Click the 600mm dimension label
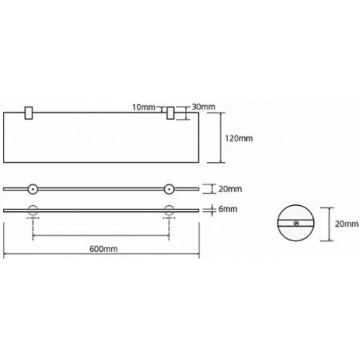(x=104, y=249)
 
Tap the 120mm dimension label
(x=238, y=138)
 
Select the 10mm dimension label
(x=144, y=107)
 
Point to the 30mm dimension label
(x=204, y=107)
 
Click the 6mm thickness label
(x=228, y=209)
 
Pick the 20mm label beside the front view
(x=230, y=189)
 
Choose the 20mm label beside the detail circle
(x=346, y=224)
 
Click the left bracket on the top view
(x=29, y=112)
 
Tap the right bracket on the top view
(x=171, y=113)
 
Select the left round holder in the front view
(x=33, y=189)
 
